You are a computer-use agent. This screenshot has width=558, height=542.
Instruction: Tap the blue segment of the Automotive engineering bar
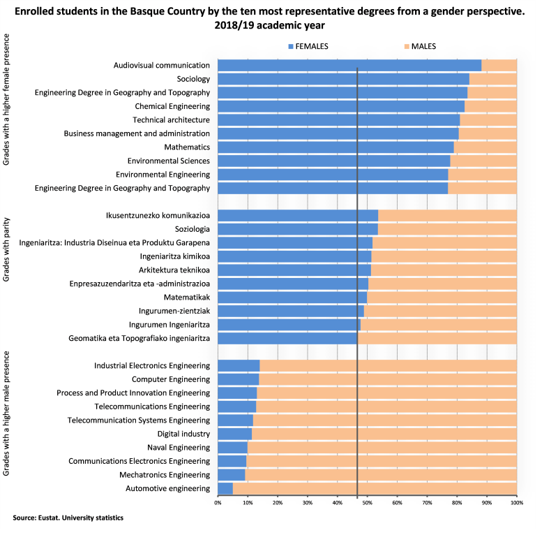[x=225, y=488]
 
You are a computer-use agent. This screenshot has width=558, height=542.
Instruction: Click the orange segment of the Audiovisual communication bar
[x=499, y=65]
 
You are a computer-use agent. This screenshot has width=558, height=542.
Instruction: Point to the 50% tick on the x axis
[x=367, y=501]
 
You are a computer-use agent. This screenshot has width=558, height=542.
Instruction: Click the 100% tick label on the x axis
[x=516, y=501]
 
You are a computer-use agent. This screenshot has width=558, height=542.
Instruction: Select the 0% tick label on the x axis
[x=218, y=501]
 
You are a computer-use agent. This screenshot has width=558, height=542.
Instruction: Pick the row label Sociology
[x=193, y=79]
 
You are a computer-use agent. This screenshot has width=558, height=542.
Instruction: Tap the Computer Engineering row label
[x=171, y=379]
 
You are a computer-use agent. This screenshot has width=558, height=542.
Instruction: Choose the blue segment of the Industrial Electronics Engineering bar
[x=239, y=365]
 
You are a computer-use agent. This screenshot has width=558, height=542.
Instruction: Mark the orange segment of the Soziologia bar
[x=447, y=229]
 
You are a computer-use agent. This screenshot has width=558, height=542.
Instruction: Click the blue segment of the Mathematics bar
[x=335, y=147]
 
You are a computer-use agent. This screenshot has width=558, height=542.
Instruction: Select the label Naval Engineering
[x=179, y=447]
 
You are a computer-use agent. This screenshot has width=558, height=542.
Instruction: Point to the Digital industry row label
[x=183, y=434]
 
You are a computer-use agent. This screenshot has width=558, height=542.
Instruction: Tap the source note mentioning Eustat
[x=68, y=518]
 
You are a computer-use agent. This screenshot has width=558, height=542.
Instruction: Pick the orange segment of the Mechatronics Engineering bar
[x=381, y=474]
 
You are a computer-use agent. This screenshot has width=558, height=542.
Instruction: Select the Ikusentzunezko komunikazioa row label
[x=158, y=215]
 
